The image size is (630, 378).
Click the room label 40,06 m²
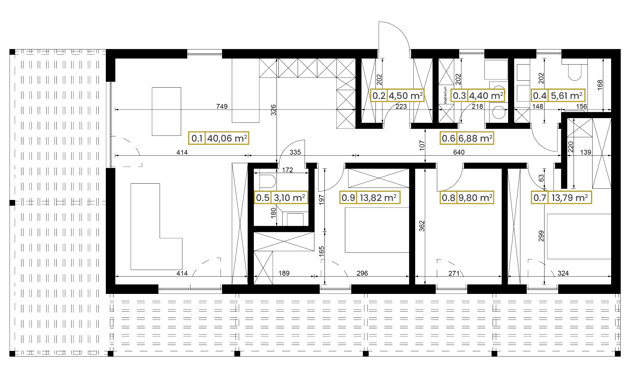(227, 138)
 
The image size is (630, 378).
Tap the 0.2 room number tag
(379, 95)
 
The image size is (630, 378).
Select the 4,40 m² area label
(486, 95)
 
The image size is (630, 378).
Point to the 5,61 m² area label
(567, 95)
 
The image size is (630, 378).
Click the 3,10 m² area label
(289, 198)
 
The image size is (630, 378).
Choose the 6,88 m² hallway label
(475, 138)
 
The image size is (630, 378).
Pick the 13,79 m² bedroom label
(570, 198)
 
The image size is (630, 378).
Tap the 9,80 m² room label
(475, 198)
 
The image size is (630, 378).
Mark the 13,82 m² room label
(378, 198)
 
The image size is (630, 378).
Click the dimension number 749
(222, 106)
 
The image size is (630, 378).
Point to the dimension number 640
(459, 152)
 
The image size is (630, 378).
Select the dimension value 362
(422, 226)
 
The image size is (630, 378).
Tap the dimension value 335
(295, 152)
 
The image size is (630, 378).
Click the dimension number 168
(600, 85)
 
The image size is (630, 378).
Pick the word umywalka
(445, 95)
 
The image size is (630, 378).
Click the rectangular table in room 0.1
(166, 112)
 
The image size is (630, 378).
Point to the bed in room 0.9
(377, 230)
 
